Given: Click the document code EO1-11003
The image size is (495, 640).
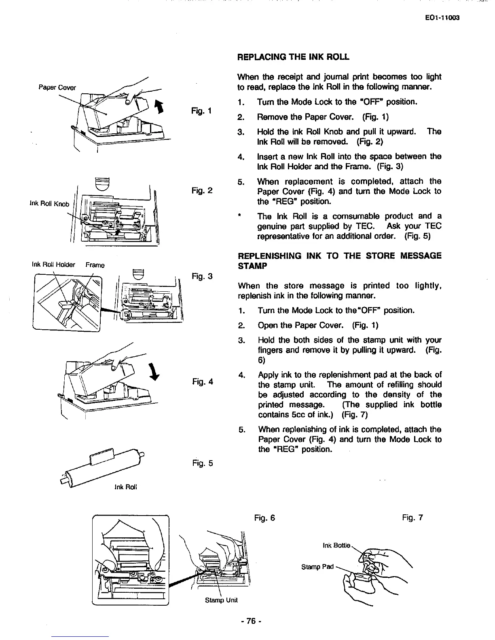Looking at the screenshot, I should [x=443, y=18].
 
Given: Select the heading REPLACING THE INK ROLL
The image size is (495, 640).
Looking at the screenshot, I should [x=293, y=57].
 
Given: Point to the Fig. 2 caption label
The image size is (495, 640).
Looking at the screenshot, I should [x=203, y=190].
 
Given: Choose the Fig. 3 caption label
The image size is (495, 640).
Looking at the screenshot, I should [x=203, y=276].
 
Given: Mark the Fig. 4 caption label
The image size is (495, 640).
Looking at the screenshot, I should [x=203, y=381].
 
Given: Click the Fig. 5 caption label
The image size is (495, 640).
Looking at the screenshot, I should [x=203, y=463].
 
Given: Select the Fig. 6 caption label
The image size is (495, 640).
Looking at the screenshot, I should [x=264, y=518].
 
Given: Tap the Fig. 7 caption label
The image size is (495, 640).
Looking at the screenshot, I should [x=412, y=518].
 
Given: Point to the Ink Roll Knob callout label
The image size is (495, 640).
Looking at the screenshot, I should [x=50, y=204].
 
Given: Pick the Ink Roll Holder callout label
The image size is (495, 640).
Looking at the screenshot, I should [x=53, y=265].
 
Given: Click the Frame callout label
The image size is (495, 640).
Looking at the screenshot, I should [x=95, y=265].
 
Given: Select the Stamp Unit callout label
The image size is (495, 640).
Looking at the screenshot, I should [x=221, y=600].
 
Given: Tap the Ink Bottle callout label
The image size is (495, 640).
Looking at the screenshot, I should [x=336, y=546].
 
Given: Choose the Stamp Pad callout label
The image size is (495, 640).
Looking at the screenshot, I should [x=317, y=566].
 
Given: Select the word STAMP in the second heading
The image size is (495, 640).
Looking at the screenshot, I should [x=251, y=266].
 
